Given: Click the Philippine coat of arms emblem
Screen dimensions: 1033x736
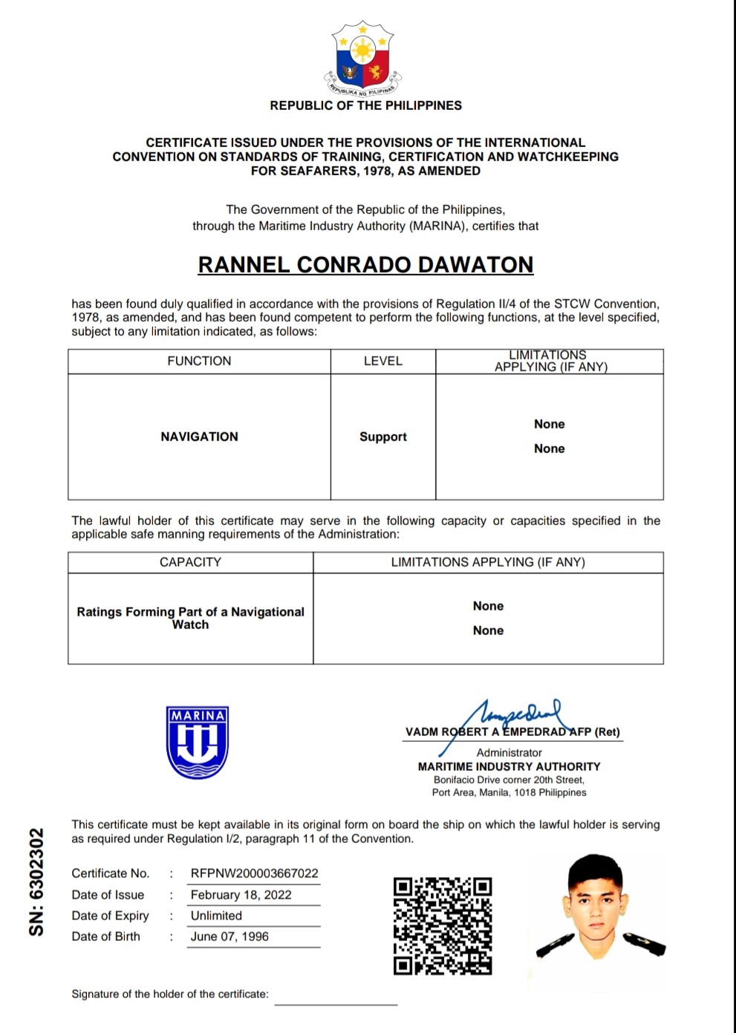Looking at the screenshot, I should tap(362, 59).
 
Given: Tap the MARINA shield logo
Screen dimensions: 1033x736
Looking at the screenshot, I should tap(198, 742).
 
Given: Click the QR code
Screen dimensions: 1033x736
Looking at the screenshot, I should tap(443, 925).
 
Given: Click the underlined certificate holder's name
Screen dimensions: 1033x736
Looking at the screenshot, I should tap(365, 265).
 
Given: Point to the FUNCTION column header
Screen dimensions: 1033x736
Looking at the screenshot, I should tap(199, 361).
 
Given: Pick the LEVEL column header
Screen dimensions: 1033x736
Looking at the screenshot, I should tap(382, 361).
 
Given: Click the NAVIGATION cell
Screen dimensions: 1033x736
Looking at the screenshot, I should tap(199, 437).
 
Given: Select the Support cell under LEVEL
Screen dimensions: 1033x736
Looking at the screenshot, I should tap(382, 437).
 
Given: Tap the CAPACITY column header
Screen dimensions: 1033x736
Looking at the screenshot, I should tap(190, 562).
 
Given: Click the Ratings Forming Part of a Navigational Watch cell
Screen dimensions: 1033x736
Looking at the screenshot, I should tap(190, 618).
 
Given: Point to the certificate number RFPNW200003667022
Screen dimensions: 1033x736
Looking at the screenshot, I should tap(254, 873).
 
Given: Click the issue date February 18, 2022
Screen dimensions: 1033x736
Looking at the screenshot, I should tap(241, 895).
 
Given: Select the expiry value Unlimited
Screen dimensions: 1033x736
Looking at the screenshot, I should tap(216, 916).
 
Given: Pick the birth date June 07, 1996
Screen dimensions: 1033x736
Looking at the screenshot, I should tap(229, 936).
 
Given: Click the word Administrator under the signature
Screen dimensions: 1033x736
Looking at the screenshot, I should tap(509, 752).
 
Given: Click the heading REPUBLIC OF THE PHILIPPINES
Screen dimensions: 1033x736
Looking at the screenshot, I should tap(365, 105).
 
